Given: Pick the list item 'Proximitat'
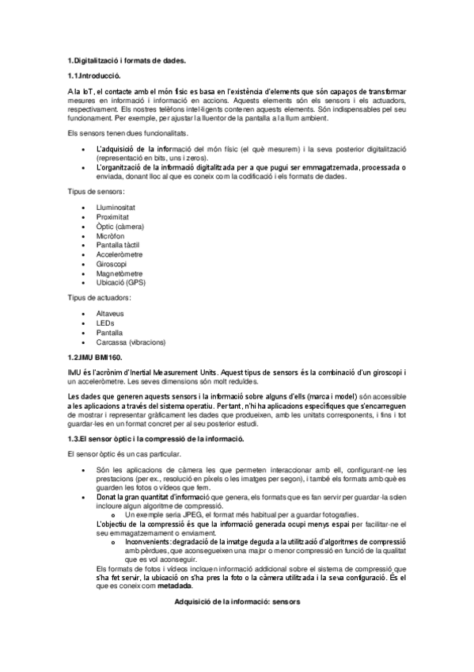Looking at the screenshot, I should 112,216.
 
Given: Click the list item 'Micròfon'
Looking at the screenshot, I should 110,235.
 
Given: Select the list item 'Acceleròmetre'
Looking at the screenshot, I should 118,254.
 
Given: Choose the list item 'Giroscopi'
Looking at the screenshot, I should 111,264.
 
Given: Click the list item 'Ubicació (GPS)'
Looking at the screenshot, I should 120,283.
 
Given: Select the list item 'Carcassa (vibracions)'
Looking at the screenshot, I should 131,342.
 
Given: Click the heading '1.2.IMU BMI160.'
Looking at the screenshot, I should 95,358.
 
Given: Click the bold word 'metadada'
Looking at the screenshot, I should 174,586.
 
